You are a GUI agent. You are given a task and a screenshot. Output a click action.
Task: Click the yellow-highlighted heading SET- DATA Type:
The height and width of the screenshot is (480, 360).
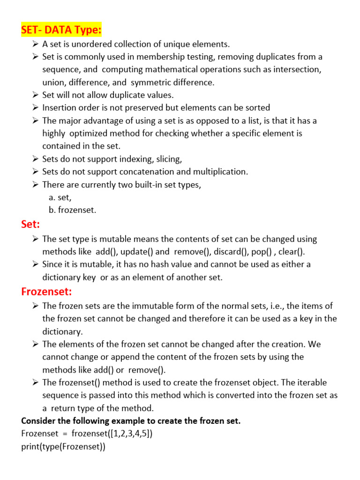pos(61,30)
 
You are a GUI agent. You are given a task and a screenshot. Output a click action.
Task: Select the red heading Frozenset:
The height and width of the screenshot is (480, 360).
pos(46,292)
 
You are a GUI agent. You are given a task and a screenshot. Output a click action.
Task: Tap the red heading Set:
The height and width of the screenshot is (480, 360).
pos(30,225)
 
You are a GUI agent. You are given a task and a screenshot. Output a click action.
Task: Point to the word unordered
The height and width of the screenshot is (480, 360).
pos(87,45)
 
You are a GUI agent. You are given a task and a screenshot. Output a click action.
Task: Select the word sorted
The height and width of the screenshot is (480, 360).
pos(258,108)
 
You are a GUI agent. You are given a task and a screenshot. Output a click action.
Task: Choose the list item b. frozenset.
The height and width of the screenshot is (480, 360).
pos(72,210)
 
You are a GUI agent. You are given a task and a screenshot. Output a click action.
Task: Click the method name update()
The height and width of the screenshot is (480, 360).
pos(136,252)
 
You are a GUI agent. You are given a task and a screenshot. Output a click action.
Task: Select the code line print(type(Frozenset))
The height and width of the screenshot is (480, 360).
pos(63,447)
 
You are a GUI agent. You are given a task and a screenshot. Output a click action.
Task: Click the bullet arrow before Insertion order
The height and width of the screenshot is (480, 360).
pos(36,108)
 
